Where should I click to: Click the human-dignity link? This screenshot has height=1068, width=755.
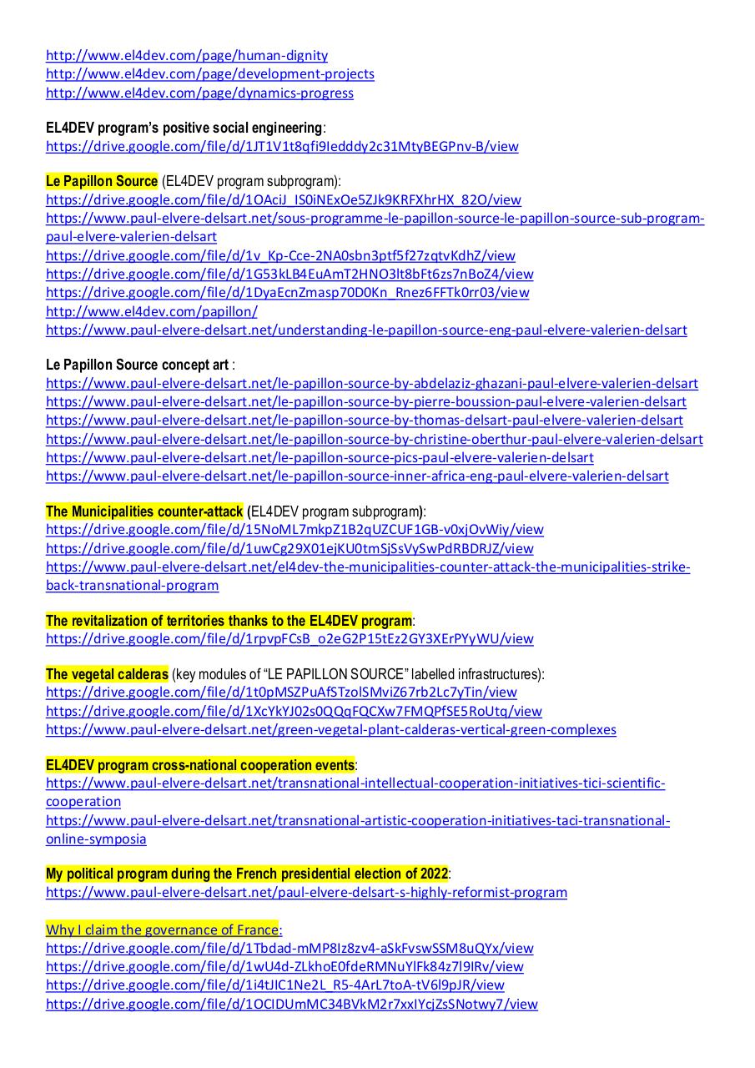pyautogui.click(x=187, y=56)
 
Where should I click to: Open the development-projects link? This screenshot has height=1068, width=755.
pyautogui.click(x=210, y=74)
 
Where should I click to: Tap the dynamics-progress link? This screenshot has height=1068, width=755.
pyautogui.click(x=199, y=93)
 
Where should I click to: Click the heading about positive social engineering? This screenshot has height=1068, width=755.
pyautogui.click(x=184, y=128)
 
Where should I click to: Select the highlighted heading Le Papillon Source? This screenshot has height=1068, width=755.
pyautogui.click(x=102, y=181)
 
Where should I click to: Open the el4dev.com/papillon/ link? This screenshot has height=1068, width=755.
pyautogui.click(x=152, y=311)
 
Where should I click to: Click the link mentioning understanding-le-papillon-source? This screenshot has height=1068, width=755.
pyautogui.click(x=366, y=330)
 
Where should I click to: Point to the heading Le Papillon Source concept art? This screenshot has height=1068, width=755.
pyautogui.click(x=138, y=365)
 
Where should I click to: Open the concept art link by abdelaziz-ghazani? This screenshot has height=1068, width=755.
pyautogui.click(x=372, y=384)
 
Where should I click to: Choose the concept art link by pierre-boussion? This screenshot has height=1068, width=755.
pyautogui.click(x=366, y=402)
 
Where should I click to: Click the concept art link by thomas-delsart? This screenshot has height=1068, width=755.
pyautogui.click(x=365, y=421)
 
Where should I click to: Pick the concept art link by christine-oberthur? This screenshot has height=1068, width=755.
pyautogui.click(x=375, y=439)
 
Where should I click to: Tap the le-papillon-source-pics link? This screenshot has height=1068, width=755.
pyautogui.click(x=320, y=457)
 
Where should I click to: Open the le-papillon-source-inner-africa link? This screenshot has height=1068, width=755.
pyautogui.click(x=357, y=476)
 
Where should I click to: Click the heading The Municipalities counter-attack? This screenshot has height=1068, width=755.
pyautogui.click(x=144, y=511)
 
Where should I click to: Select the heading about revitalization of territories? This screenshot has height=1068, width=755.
pyautogui.click(x=229, y=621)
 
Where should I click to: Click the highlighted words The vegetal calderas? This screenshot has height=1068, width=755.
pyautogui.click(x=107, y=674)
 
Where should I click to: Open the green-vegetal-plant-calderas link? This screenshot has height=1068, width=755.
pyautogui.click(x=331, y=730)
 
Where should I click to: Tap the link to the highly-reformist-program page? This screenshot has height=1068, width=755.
pyautogui.click(x=306, y=893)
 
